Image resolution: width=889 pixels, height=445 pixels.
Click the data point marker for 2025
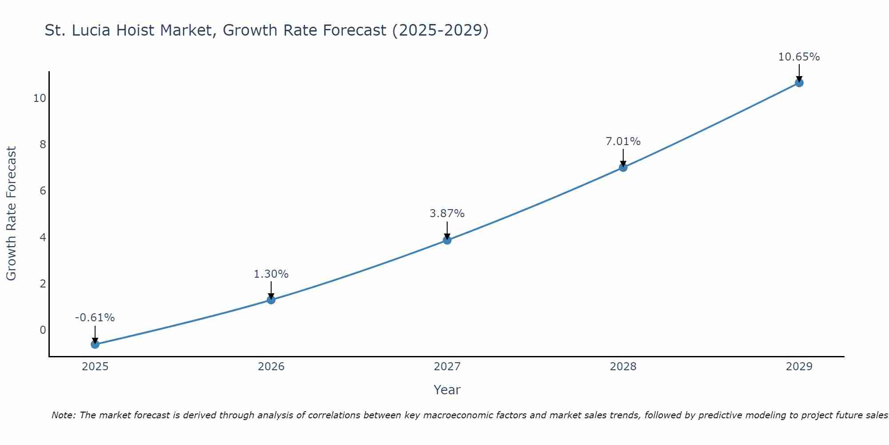(x=95, y=344)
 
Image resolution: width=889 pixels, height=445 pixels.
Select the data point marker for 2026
(x=271, y=300)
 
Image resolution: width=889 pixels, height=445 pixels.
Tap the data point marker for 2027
(x=447, y=240)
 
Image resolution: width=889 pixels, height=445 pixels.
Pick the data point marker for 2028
(x=623, y=167)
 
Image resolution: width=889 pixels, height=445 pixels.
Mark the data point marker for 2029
(x=799, y=83)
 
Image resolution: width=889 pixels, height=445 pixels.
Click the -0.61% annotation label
(x=95, y=318)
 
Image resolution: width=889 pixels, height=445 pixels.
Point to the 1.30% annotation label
(x=271, y=274)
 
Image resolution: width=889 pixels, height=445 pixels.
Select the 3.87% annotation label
(x=447, y=214)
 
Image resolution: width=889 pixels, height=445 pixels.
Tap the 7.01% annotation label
(x=623, y=142)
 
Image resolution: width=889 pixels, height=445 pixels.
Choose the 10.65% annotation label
(x=799, y=57)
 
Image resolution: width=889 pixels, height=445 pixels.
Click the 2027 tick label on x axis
(x=447, y=367)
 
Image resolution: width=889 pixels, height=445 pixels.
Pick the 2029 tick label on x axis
(x=799, y=367)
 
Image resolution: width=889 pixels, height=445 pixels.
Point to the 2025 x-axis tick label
(x=95, y=367)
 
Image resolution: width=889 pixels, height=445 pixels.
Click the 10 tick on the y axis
(x=40, y=98)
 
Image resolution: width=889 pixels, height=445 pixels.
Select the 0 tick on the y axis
(x=43, y=330)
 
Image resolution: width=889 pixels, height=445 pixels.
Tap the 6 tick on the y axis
(x=43, y=191)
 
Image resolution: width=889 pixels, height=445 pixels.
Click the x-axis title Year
(x=447, y=390)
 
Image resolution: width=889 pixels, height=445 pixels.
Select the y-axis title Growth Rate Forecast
(x=11, y=214)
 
